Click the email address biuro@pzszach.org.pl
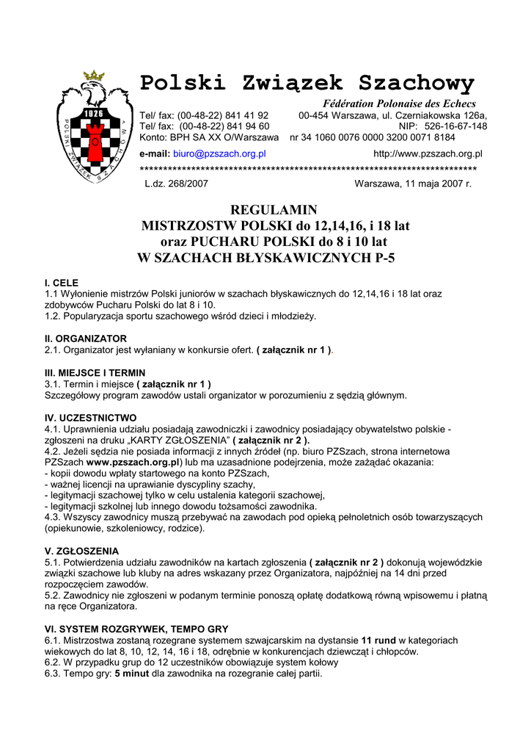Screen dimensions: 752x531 [219, 154]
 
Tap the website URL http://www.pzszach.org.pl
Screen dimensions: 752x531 [428, 154]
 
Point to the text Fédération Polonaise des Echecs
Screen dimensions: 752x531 [400, 104]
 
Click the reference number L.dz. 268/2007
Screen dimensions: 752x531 [177, 184]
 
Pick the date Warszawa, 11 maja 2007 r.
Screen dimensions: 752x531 [413, 184]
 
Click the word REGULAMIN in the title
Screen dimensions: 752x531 [274, 210]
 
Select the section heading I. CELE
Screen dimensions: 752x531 [62, 283]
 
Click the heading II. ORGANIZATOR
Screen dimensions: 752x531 [86, 339]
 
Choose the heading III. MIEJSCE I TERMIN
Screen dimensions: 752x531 [95, 373]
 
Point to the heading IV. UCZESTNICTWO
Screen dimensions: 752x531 [91, 418]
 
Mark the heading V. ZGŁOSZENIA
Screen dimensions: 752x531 [82, 551]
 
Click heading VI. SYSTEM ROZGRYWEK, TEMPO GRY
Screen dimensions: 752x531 [136, 629]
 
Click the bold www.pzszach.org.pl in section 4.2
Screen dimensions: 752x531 [133, 463]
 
